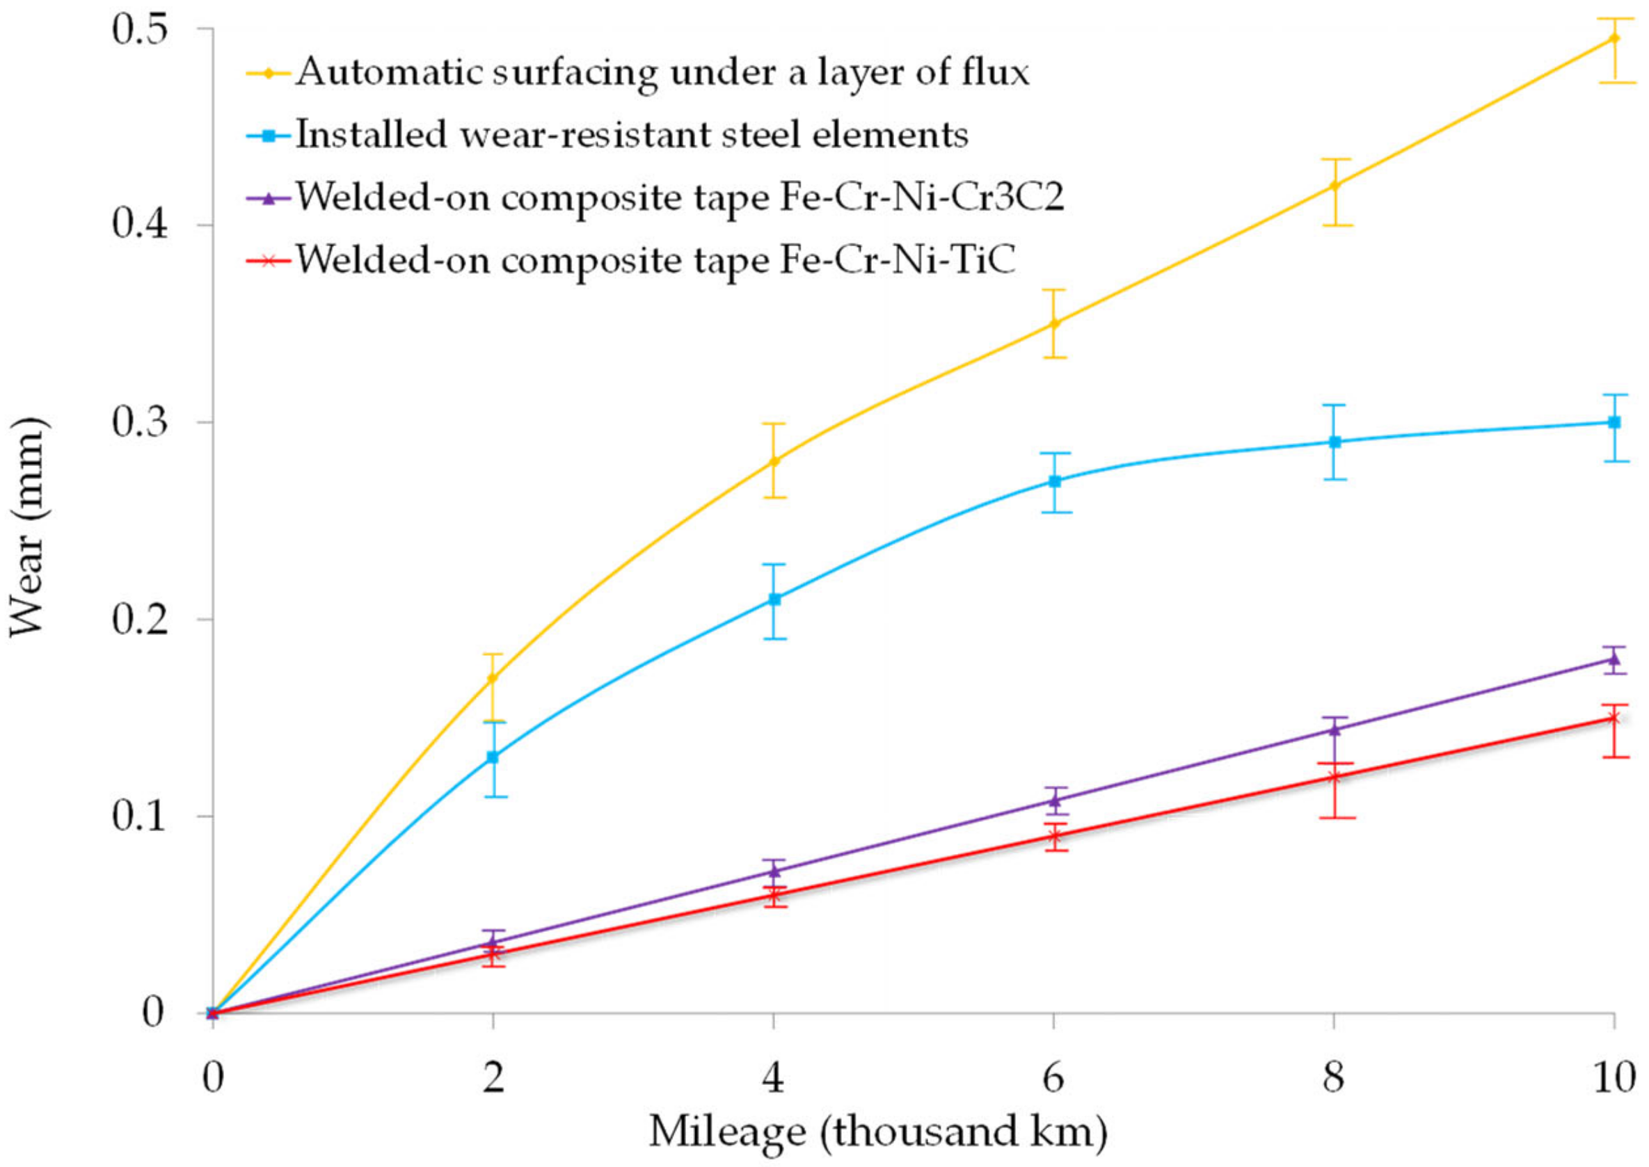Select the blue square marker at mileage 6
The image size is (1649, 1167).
click(1054, 481)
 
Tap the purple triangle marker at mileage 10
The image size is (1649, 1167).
click(1614, 659)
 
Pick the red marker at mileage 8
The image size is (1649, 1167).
click(1333, 777)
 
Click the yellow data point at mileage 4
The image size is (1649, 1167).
click(774, 460)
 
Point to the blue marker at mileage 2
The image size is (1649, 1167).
click(493, 757)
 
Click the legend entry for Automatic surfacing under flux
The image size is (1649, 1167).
click(661, 72)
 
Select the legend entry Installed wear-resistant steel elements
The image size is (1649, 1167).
click(631, 135)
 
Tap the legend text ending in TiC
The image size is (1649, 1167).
click(655, 259)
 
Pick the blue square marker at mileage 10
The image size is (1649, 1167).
click(1614, 423)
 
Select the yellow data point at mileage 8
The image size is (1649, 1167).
click(1333, 186)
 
